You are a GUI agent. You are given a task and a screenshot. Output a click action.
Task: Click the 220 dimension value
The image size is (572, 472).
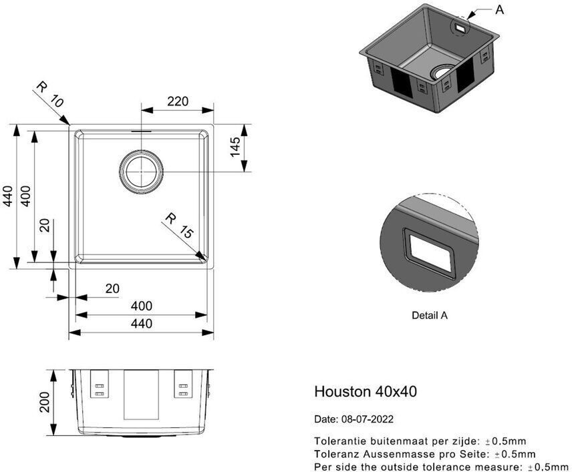[178, 101]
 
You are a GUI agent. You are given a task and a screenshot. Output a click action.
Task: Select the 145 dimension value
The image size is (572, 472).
[235, 147]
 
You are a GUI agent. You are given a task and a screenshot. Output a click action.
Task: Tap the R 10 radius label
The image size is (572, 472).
[50, 94]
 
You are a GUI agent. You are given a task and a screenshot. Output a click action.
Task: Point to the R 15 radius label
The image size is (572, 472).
[179, 226]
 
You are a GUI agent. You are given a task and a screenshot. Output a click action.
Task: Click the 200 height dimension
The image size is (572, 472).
[45, 402]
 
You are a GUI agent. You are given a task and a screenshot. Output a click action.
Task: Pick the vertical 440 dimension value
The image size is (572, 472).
[8, 196]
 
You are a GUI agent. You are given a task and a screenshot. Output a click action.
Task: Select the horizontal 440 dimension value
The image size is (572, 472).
[142, 323]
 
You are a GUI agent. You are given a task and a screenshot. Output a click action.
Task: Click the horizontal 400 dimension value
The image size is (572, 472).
[142, 306]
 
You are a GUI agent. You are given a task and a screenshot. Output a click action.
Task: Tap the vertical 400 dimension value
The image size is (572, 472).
[25, 196]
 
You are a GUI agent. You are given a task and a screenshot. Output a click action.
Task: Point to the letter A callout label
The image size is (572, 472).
[499, 10]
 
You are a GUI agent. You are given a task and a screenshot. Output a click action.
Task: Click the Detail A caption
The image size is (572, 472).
[430, 315]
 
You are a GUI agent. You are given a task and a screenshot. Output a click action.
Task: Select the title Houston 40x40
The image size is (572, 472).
[366, 391]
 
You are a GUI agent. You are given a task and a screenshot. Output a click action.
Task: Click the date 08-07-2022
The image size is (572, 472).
[367, 419]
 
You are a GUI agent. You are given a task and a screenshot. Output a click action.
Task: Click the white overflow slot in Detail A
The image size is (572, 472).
[430, 254]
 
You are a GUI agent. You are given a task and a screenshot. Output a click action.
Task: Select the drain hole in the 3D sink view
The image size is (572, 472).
[443, 72]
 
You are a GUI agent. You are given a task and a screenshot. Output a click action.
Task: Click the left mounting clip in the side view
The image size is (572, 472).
[100, 384]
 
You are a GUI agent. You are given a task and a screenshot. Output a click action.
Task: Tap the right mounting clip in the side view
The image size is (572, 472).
[183, 384]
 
